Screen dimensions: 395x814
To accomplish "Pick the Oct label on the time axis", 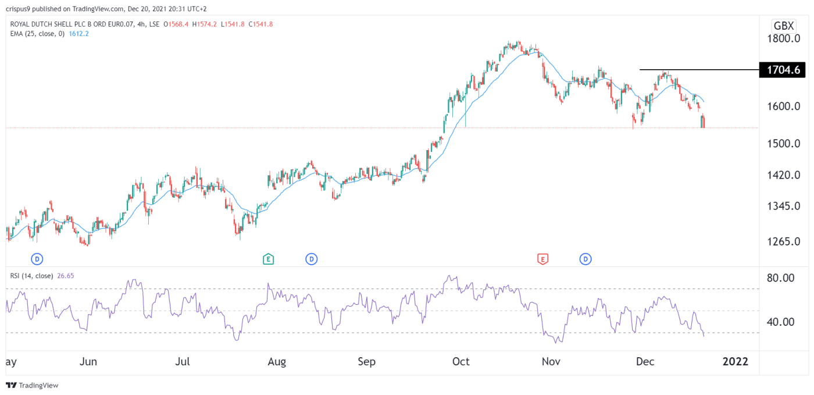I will click(x=460, y=362).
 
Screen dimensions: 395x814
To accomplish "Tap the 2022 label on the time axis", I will click(x=735, y=362).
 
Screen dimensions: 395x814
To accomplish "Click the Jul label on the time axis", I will click(x=183, y=362).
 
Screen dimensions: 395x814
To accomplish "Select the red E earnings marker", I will click(x=543, y=259).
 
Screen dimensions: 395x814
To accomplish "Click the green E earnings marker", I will click(x=268, y=259).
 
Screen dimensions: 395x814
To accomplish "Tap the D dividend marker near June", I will click(x=38, y=259).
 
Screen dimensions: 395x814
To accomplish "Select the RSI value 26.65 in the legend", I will click(x=65, y=276).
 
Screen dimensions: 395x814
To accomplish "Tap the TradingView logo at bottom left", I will click(x=33, y=385).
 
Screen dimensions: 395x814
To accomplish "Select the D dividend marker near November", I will click(x=585, y=259).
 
